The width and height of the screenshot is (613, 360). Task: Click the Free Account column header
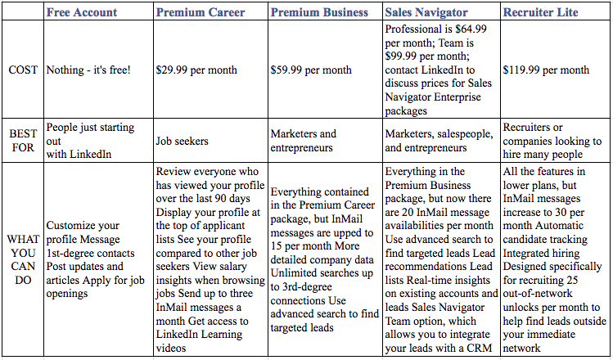[x=82, y=12]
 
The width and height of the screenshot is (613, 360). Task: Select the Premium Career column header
[x=201, y=12]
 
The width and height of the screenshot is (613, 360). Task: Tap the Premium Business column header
[x=319, y=12]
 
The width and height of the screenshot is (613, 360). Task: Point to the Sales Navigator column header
[x=426, y=12]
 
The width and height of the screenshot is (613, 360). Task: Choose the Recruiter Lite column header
[x=540, y=12]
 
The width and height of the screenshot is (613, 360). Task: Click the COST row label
[x=23, y=70]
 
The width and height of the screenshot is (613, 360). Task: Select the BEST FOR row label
[x=23, y=141]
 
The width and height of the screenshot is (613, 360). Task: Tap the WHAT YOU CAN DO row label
[x=23, y=259]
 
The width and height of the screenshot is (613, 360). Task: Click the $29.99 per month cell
[x=196, y=70]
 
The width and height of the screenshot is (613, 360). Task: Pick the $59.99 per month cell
[x=311, y=70]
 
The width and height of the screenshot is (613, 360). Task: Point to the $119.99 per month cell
[x=546, y=70]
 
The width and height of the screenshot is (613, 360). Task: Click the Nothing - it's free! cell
[x=88, y=70]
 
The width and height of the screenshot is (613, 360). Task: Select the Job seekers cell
[x=182, y=141]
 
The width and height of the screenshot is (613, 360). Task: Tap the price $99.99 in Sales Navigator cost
[x=401, y=56]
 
